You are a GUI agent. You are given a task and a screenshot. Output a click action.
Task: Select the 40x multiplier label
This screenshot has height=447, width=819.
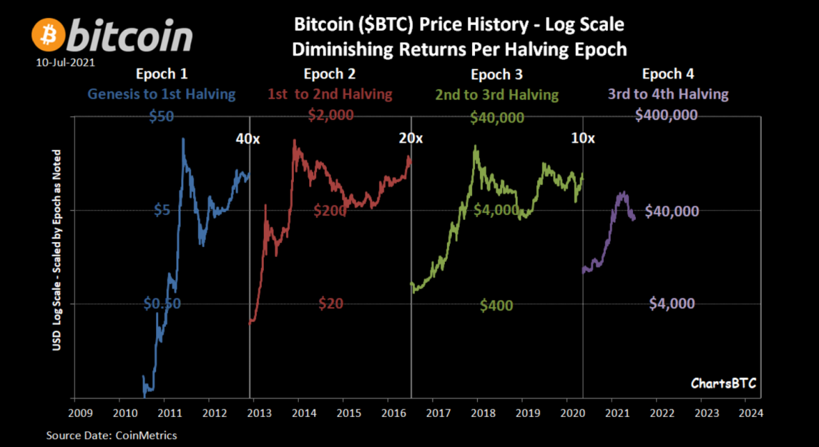pyautogui.click(x=247, y=139)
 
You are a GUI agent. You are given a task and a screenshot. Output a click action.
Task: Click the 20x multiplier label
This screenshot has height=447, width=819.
pyautogui.click(x=410, y=139)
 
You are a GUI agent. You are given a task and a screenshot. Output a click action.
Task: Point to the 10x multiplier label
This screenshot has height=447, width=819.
pyautogui.click(x=583, y=139)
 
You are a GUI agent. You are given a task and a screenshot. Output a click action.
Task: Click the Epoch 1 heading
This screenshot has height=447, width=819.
pyautogui.click(x=162, y=74)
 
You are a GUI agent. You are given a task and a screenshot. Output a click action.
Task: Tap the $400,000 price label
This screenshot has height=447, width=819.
pyautogui.click(x=666, y=116)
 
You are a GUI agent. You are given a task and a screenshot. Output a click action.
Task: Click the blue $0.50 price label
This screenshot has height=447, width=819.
pyautogui.click(x=162, y=304)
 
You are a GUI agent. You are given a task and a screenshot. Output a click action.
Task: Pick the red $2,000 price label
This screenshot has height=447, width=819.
pyautogui.click(x=331, y=116)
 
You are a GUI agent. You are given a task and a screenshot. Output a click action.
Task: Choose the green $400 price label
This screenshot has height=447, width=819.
pyautogui.click(x=497, y=305)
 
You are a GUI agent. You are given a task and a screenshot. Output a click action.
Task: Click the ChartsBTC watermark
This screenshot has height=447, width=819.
pyautogui.click(x=723, y=384)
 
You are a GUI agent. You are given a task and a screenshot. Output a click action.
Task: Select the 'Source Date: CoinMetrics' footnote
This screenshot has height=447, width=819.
pyautogui.click(x=111, y=435)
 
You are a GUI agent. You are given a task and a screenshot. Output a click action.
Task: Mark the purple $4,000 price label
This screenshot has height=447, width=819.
pyautogui.click(x=672, y=304)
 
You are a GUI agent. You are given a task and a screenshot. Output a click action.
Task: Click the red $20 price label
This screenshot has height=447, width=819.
pyautogui.click(x=331, y=304)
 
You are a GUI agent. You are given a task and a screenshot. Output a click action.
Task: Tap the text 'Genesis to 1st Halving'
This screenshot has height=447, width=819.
pyautogui.click(x=162, y=94)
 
